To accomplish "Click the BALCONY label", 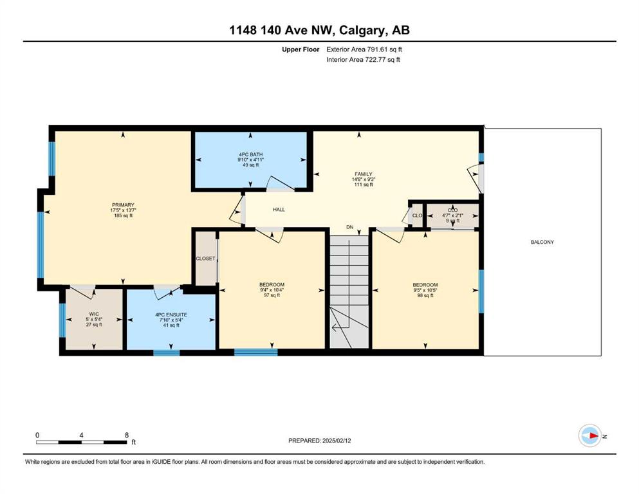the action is point(542,242).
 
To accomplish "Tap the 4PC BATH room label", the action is point(250,154).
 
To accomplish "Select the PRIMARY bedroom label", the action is point(123,205).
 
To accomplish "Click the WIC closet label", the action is point(94,314).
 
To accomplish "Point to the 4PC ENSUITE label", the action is point(171,315).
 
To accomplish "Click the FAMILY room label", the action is point(363,174).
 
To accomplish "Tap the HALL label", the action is point(279,209).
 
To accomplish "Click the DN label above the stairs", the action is point(349,227).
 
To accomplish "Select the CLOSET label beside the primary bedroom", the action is point(205,259).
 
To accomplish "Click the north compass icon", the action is point(590,435).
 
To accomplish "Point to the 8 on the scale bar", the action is point(127,435).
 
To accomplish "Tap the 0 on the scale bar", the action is point(37,435).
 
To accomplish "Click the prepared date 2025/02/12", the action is point(337,441).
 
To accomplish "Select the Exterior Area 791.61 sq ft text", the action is point(364,50).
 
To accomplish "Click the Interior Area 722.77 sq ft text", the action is point(363,59).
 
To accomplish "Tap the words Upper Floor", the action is point(301,50).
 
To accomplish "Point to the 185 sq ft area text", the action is point(123,215).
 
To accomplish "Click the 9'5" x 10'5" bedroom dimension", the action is point(425,290).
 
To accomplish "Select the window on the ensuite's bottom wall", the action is point(166,352).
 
